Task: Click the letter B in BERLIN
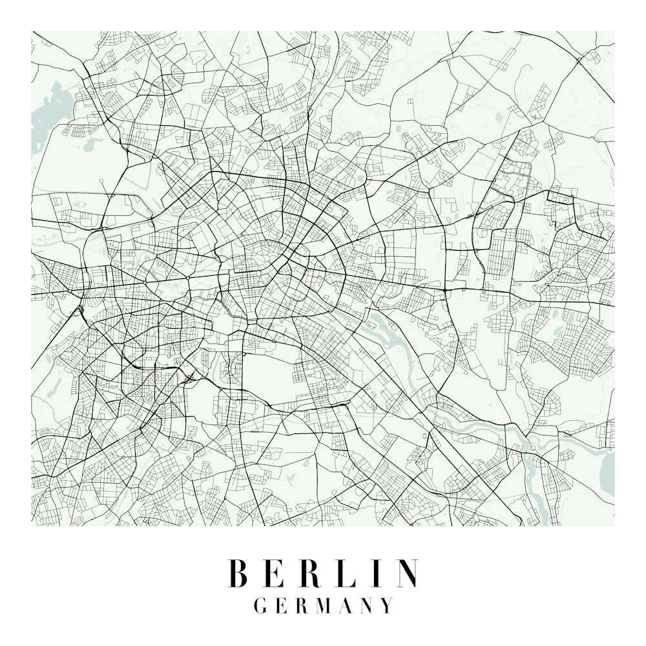239,574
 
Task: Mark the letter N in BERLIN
408,574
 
